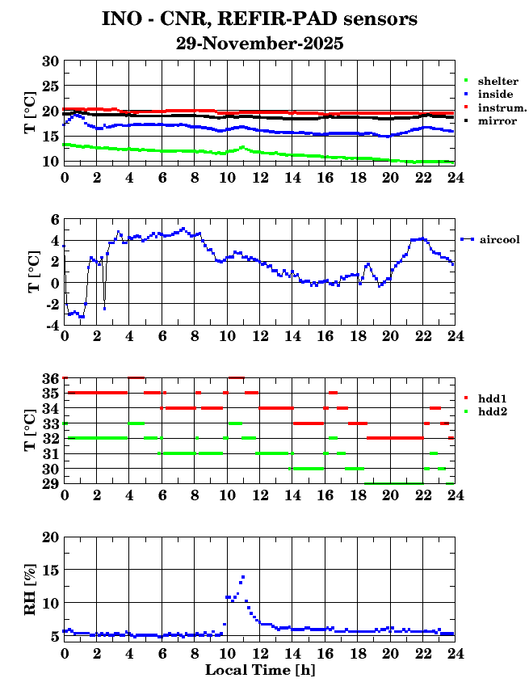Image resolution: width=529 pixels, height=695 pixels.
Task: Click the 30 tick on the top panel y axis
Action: point(50,61)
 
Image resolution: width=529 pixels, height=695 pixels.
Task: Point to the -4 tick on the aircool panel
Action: point(51,326)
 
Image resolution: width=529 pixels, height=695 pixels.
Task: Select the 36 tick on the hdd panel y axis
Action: point(50,378)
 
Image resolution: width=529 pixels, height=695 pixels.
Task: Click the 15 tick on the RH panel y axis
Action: point(50,570)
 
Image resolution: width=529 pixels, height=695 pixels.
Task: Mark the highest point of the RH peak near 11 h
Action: point(242,577)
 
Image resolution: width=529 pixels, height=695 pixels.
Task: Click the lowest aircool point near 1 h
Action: point(82,316)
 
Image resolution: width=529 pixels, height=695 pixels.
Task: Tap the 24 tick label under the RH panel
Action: point(455,653)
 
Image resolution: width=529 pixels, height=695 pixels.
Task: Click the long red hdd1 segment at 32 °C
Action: point(395,438)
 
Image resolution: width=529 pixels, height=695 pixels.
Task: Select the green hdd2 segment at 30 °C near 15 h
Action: point(307,468)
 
